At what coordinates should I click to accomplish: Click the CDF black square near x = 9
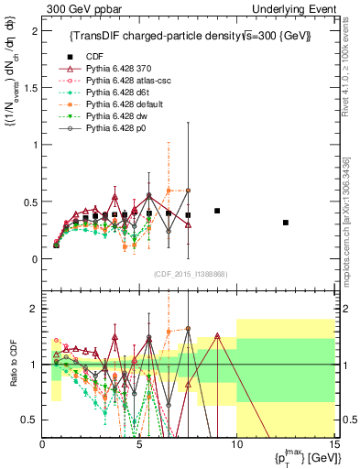click(217, 211)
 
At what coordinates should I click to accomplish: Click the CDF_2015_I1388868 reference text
click(191, 274)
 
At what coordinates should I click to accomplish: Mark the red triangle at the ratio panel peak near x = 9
click(217, 335)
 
